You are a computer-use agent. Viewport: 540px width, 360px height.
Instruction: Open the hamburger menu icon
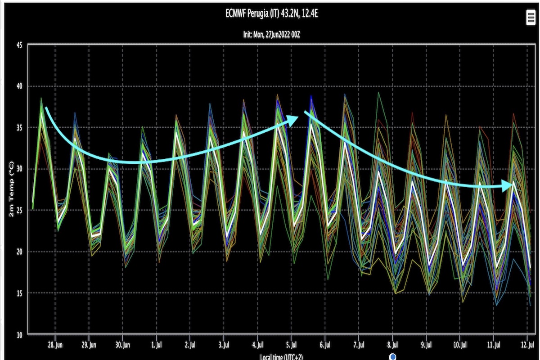coord(531,18)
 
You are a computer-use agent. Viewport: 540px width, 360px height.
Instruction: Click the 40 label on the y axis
coord(20,86)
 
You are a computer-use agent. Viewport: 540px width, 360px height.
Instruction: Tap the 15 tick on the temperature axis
coord(20,293)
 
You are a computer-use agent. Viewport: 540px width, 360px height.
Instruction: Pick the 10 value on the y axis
coord(20,335)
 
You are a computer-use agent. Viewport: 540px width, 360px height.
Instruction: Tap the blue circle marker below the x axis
coord(393,357)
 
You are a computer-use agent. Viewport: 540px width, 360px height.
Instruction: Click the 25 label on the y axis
coord(20,211)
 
